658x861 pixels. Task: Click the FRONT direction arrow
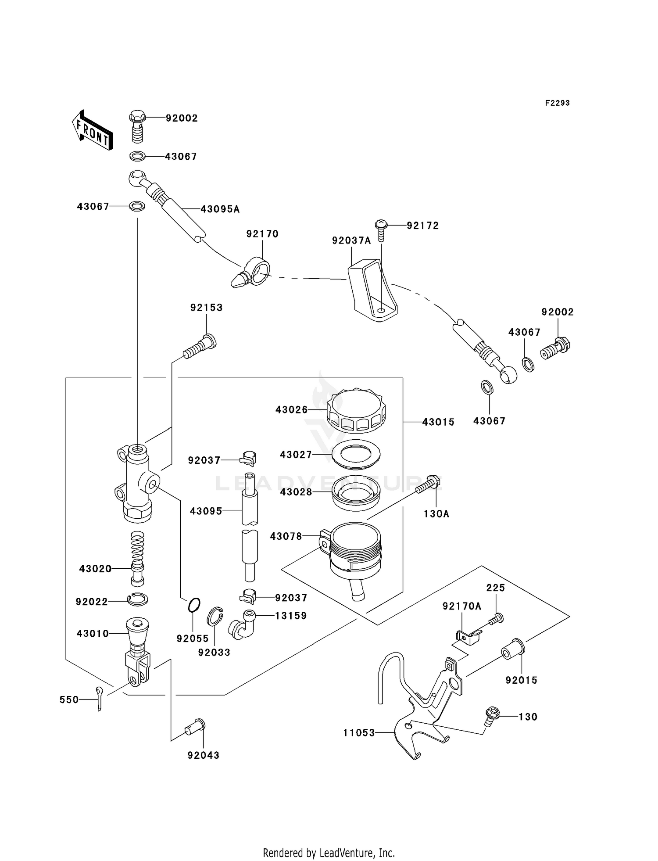click(93, 131)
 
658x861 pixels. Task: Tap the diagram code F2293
click(557, 103)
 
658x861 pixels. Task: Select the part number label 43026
click(291, 410)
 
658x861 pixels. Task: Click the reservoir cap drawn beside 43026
click(356, 410)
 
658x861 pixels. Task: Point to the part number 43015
click(438, 422)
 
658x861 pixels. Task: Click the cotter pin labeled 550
click(100, 699)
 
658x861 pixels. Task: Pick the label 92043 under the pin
click(203, 756)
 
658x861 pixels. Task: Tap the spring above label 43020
click(138, 549)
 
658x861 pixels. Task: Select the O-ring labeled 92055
click(194, 605)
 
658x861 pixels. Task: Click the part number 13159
click(290, 616)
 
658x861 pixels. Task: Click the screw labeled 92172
click(381, 230)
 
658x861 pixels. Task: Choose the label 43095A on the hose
click(220, 209)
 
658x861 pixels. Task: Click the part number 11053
click(359, 732)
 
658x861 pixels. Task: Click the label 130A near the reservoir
click(436, 514)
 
